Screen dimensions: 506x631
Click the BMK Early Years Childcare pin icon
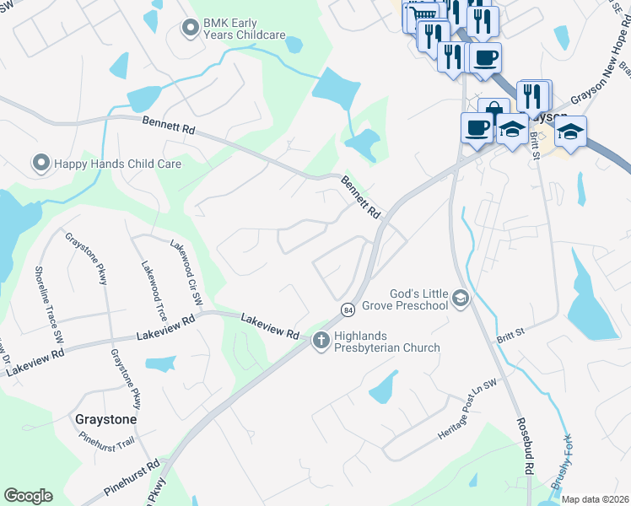coord(190,29)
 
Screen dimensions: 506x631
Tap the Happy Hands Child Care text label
coord(117,164)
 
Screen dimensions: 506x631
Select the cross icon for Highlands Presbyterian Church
coord(321,341)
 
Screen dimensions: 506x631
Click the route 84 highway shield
coord(348,310)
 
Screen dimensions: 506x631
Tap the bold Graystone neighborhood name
coord(105,418)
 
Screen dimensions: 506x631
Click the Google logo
coord(29,495)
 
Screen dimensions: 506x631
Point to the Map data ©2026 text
coord(595,499)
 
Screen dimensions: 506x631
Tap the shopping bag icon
coord(493,110)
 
